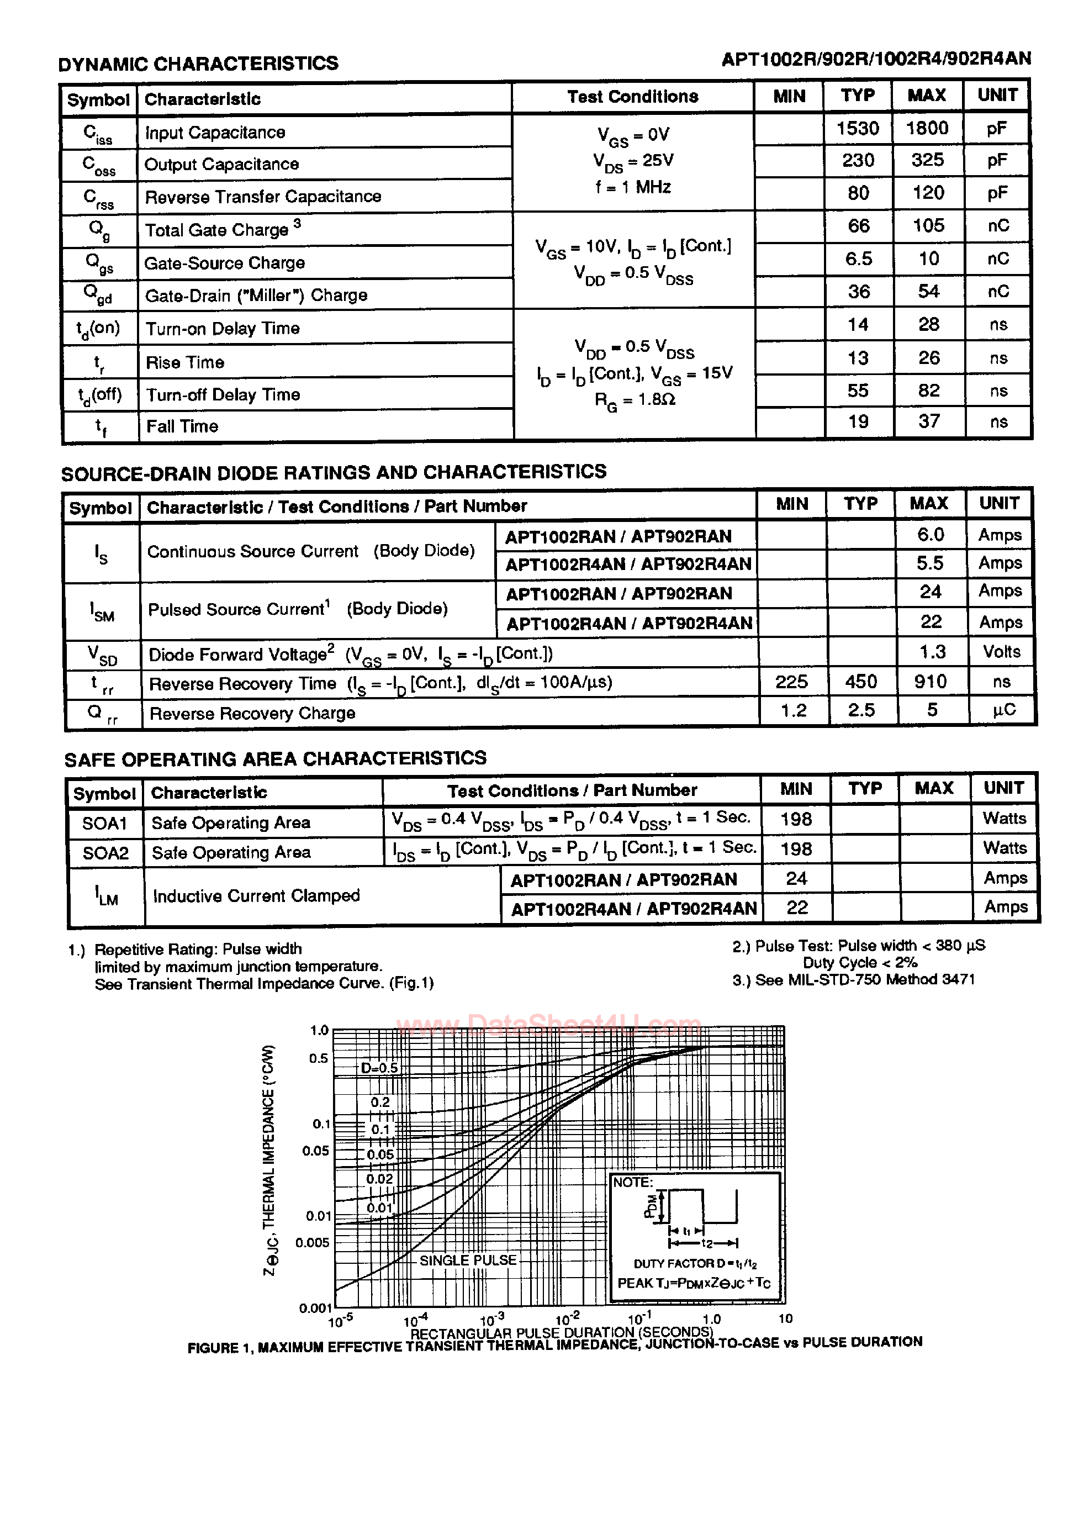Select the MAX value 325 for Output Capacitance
(927, 160)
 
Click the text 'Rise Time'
(185, 362)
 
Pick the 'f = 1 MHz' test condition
(633, 188)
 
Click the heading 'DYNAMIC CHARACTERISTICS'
(198, 64)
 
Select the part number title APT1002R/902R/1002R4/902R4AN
(876, 59)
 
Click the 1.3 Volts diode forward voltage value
(932, 652)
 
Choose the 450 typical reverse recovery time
(860, 682)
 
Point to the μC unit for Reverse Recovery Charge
(1004, 710)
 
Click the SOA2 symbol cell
(105, 853)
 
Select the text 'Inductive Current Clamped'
(256, 895)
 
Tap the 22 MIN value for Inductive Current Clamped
(796, 908)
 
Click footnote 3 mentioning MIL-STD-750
(853, 980)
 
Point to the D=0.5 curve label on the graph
(379, 1068)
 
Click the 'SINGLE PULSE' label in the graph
(468, 1260)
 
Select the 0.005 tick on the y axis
(312, 1242)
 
